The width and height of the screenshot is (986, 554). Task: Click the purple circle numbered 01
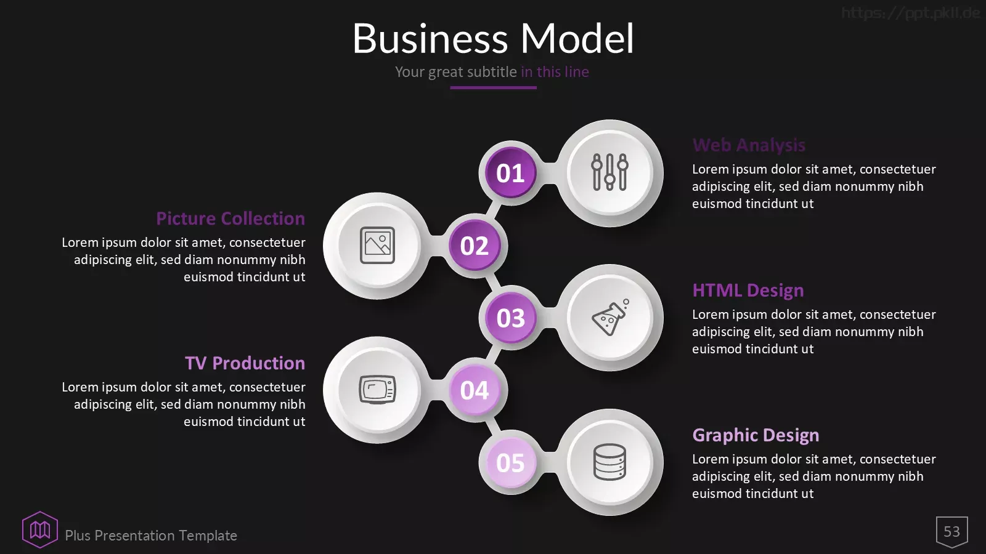[x=511, y=172]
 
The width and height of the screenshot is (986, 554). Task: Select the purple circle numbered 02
[x=475, y=246]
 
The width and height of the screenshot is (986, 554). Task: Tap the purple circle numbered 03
[x=511, y=318]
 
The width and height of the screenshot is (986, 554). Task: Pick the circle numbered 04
[x=475, y=390]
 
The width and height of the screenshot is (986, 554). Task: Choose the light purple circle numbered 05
[x=511, y=462]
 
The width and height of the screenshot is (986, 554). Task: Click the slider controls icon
[x=609, y=172]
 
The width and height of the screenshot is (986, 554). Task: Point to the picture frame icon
[x=377, y=246]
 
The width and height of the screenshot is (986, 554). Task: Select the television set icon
[x=377, y=390]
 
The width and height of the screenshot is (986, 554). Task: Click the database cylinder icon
[x=609, y=462]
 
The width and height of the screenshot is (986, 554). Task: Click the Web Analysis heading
[x=749, y=145]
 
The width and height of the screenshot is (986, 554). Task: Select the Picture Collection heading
[x=230, y=219]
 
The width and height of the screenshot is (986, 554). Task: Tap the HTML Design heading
[x=748, y=291]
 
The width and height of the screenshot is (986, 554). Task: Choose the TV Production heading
[x=245, y=363]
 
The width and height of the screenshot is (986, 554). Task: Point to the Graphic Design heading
[x=756, y=435]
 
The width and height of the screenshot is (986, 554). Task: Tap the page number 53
[x=951, y=532]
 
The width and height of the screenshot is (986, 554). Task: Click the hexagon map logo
[x=40, y=529]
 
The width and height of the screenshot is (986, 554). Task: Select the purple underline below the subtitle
[x=493, y=87]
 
